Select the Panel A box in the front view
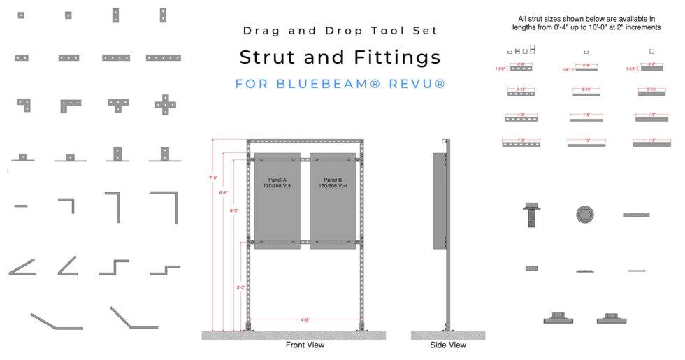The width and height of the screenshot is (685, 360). (x=277, y=200)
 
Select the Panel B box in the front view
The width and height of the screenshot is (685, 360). (x=333, y=200)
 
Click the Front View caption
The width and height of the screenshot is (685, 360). (x=305, y=345)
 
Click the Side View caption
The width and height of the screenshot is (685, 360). (x=448, y=345)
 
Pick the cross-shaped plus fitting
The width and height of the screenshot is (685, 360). (x=164, y=103)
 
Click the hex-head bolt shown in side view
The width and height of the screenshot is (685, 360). (x=532, y=214)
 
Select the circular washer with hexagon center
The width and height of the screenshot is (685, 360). (x=585, y=214)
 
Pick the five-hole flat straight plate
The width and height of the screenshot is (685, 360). (x=164, y=57)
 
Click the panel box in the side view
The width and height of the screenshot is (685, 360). (x=438, y=201)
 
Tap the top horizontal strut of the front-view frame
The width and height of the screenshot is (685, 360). (x=305, y=143)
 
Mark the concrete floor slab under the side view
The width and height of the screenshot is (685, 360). (x=447, y=336)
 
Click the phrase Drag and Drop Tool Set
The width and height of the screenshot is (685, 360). (x=340, y=31)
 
